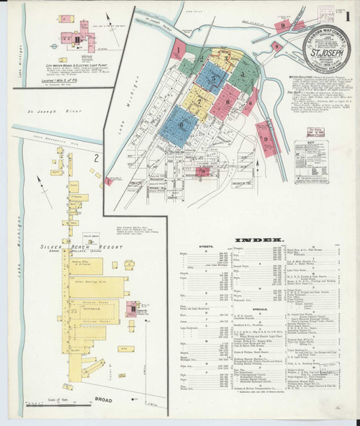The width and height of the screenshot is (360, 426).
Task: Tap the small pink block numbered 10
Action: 203,171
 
